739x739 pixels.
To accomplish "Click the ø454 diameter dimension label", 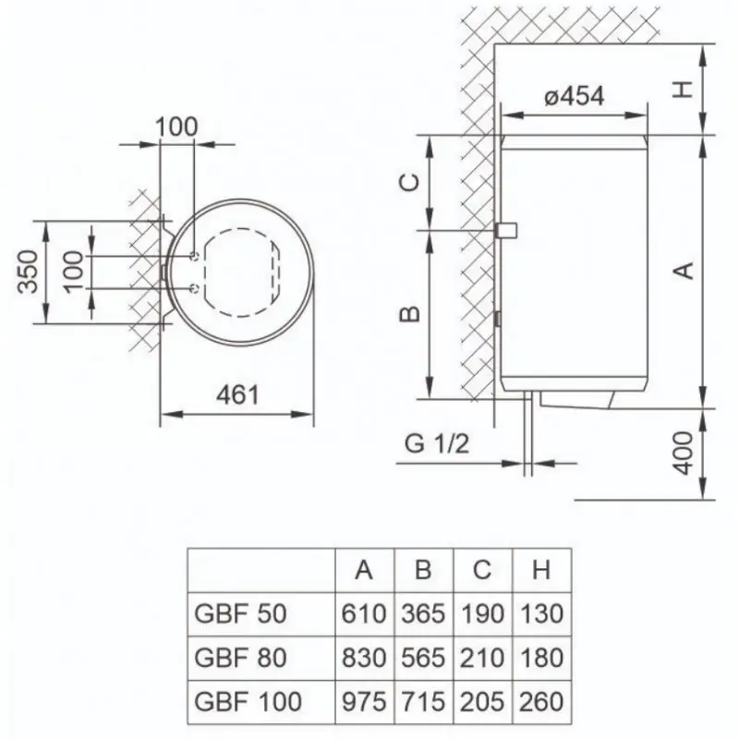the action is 574,97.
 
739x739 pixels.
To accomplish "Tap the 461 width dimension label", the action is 237,395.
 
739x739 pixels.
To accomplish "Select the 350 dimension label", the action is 28,272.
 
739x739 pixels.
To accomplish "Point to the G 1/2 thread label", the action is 437,443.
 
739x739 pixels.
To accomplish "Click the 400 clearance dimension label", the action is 684,454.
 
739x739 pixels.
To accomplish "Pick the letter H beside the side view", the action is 682,90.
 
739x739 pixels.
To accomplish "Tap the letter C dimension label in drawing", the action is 409,182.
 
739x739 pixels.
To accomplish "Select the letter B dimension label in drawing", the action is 409,314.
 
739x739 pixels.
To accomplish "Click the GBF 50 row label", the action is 240,613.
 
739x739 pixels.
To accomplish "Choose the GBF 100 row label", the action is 248,701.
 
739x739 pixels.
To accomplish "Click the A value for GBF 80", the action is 364,658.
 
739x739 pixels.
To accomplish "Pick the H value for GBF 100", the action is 541,701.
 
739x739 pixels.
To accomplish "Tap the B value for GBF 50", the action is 423,613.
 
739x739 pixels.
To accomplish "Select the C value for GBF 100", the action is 482,701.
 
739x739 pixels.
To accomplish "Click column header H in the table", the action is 541,570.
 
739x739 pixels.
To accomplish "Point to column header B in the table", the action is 423,570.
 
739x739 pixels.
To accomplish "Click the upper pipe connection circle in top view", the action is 194,256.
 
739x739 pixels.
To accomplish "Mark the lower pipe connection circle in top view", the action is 194,287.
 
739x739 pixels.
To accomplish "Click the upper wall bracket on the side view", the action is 506,230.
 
